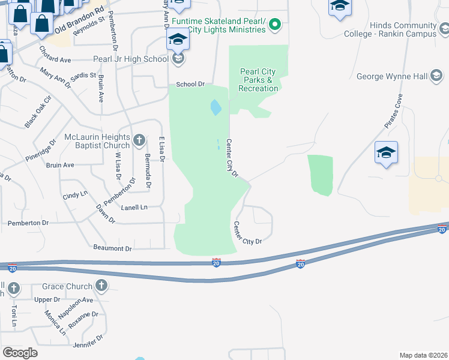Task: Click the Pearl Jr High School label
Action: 130,59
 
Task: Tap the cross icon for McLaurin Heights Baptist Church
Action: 139,141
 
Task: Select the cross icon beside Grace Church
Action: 101,286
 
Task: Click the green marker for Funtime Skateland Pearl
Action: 274,25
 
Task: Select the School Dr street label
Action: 190,85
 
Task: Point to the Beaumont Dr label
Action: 112,248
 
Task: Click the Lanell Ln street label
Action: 134,208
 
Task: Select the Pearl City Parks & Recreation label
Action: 258,80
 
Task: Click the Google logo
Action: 20,352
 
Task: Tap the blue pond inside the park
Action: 215,108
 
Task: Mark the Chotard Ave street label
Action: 55,59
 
